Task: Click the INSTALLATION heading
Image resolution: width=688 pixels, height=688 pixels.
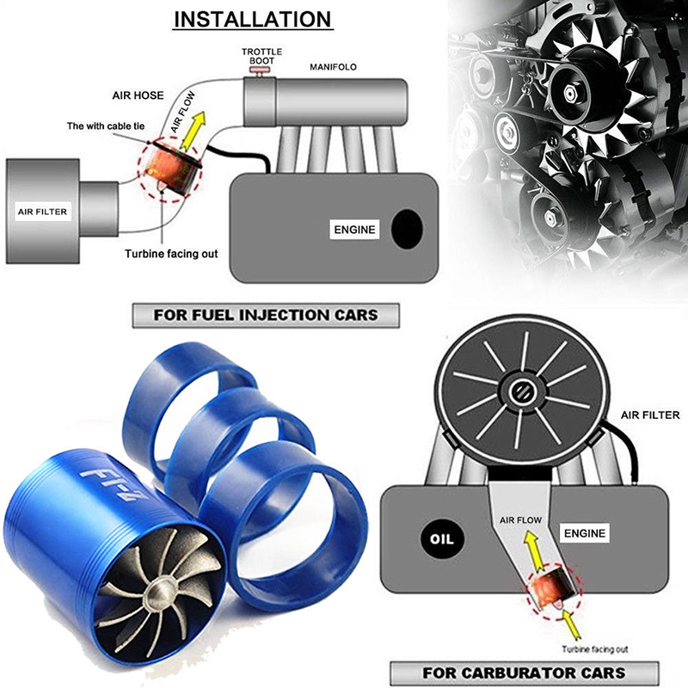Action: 253,20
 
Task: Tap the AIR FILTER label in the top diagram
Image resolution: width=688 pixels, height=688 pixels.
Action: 42,212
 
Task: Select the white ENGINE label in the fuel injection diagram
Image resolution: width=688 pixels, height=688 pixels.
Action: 354,230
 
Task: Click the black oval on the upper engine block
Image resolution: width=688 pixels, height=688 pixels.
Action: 407,229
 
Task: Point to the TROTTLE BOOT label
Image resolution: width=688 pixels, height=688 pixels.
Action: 262,56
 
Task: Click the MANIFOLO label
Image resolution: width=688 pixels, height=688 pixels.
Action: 333,67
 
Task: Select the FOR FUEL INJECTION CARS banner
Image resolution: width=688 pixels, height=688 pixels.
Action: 266,316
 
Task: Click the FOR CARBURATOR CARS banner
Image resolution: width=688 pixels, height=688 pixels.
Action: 525,673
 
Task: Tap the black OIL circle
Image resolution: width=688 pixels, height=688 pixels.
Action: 441,539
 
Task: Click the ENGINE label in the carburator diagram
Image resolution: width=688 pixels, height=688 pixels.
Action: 585,533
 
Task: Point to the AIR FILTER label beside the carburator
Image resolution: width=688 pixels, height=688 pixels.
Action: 650,415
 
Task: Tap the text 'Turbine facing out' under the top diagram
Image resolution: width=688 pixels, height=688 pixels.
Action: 171,254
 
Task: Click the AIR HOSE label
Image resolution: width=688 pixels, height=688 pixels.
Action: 138,95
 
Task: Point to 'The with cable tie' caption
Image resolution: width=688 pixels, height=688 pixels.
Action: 105,126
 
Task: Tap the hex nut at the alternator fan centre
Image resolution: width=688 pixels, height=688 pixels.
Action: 570,94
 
